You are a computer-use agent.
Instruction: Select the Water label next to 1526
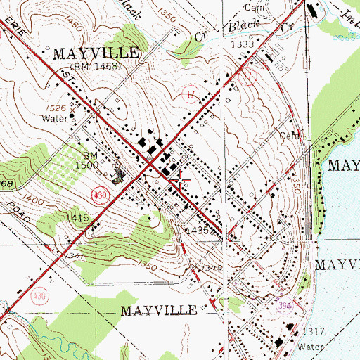point(56,119)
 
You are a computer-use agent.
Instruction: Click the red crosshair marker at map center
point(181,181)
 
